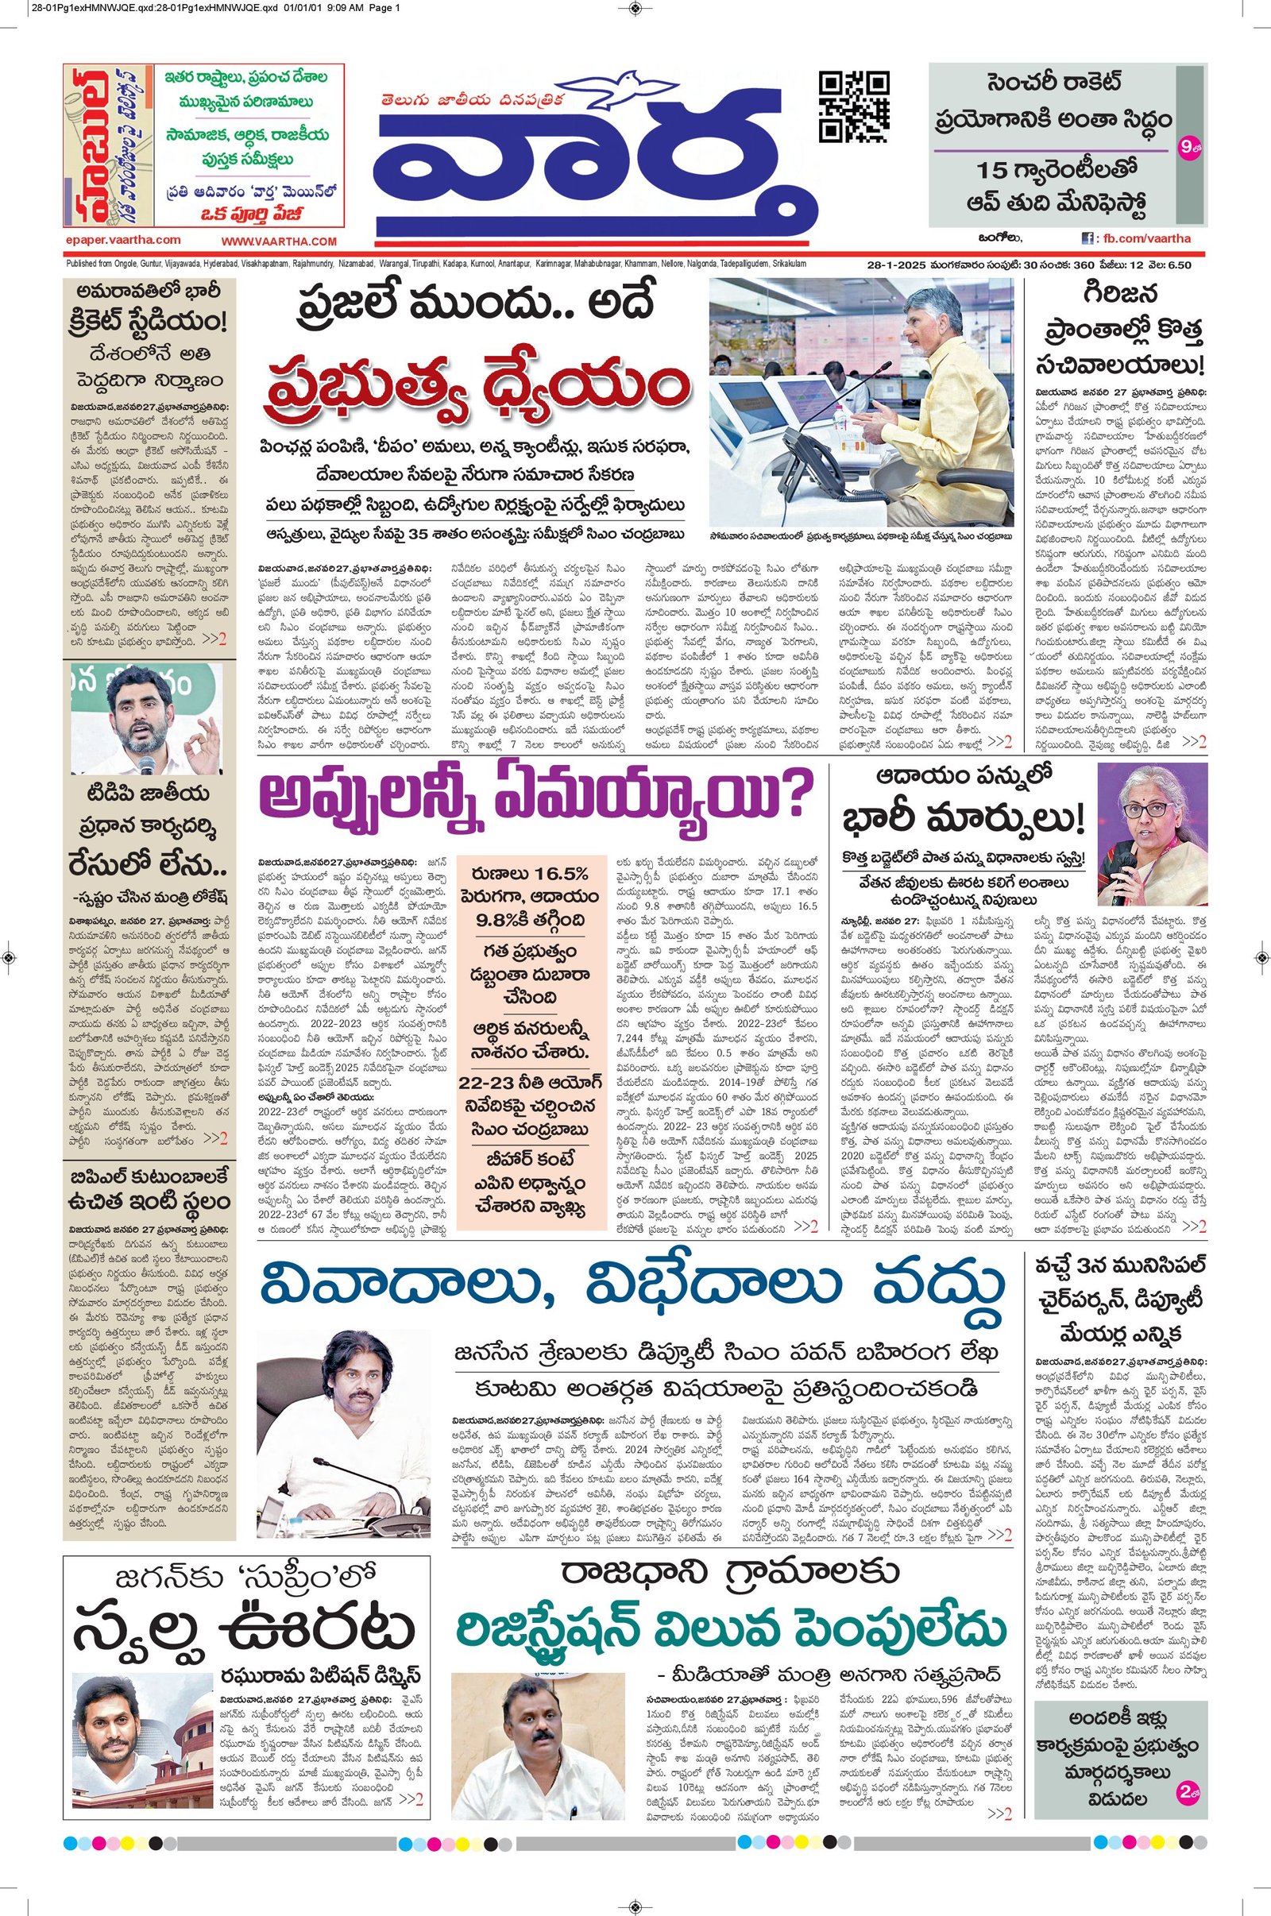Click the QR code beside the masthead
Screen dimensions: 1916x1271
pos(856,106)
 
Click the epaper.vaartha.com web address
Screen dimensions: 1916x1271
pos(123,240)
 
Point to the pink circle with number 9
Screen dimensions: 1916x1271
pos(1188,149)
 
